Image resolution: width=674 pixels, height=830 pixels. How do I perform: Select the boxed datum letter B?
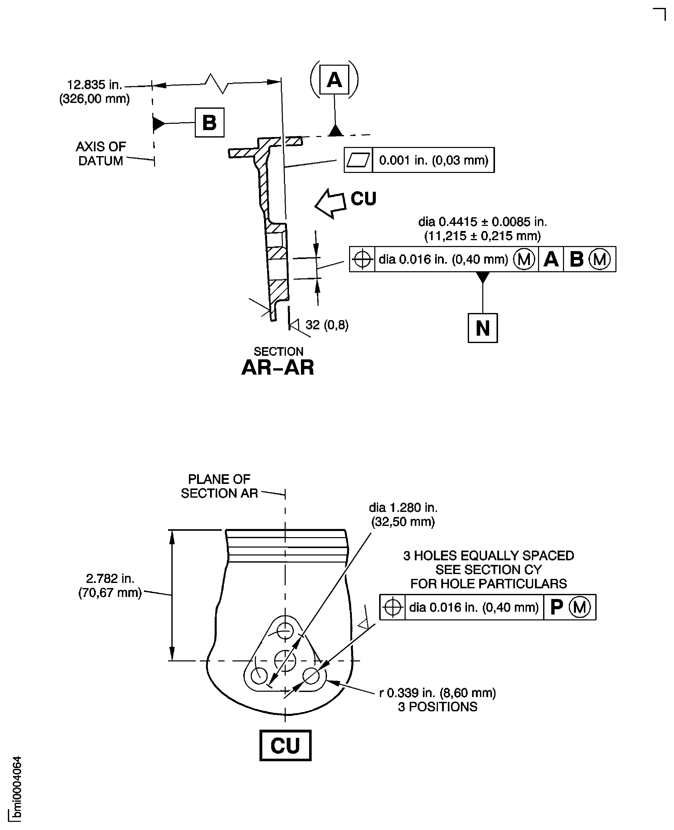point(209,123)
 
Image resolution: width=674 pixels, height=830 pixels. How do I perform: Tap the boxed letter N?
point(483,328)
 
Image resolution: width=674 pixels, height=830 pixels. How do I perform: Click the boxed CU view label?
point(285,745)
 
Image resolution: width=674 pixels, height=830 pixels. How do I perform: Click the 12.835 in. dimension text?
point(94,85)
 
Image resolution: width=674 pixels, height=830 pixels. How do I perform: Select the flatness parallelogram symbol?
point(358,160)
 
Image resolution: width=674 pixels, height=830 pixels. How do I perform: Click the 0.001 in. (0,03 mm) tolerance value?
point(433,160)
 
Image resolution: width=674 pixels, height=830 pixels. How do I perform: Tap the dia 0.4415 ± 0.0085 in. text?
point(482,222)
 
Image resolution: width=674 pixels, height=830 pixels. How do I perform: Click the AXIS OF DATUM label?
point(101,153)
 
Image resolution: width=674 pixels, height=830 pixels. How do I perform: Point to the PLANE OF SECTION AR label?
point(219,486)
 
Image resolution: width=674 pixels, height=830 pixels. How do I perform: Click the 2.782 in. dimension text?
point(110,578)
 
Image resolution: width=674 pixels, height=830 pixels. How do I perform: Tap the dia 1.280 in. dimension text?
point(403,507)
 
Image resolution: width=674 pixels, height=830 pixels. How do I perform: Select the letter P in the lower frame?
point(556,607)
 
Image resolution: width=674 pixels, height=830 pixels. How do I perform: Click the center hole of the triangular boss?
point(285,660)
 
